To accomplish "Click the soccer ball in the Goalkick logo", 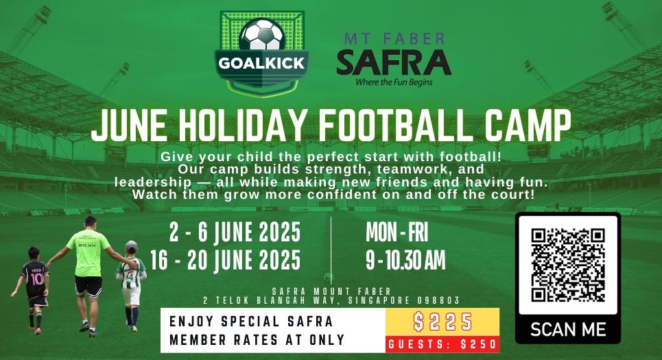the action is (x=262, y=34).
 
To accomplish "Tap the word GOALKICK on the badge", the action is (x=262, y=63).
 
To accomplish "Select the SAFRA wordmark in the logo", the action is (x=394, y=62).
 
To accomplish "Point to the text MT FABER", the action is (x=394, y=39).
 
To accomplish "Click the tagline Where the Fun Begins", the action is (x=394, y=82).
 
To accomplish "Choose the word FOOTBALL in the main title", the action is (x=397, y=125).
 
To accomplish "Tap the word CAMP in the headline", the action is (x=528, y=125).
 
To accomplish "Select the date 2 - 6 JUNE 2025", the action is (x=235, y=232).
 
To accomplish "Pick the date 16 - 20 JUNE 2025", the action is (x=226, y=260).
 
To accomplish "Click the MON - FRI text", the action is (x=397, y=232).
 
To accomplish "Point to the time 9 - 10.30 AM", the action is (x=405, y=260).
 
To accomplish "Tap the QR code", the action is (x=568, y=265).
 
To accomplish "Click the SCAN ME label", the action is (x=568, y=330).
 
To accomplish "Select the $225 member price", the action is (x=442, y=322).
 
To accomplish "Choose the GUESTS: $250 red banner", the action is (x=442, y=344).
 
